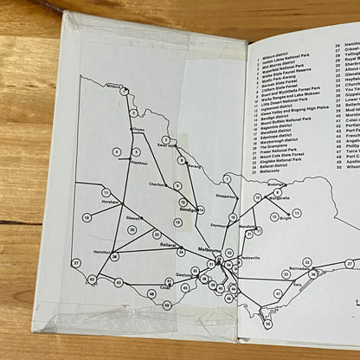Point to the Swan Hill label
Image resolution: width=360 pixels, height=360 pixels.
(166, 145)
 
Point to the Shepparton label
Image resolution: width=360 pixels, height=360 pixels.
(225, 196)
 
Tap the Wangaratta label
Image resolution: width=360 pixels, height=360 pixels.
(279, 198)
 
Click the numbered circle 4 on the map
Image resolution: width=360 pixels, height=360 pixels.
(115, 152)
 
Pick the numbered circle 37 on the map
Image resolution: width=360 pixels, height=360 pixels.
(76, 262)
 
